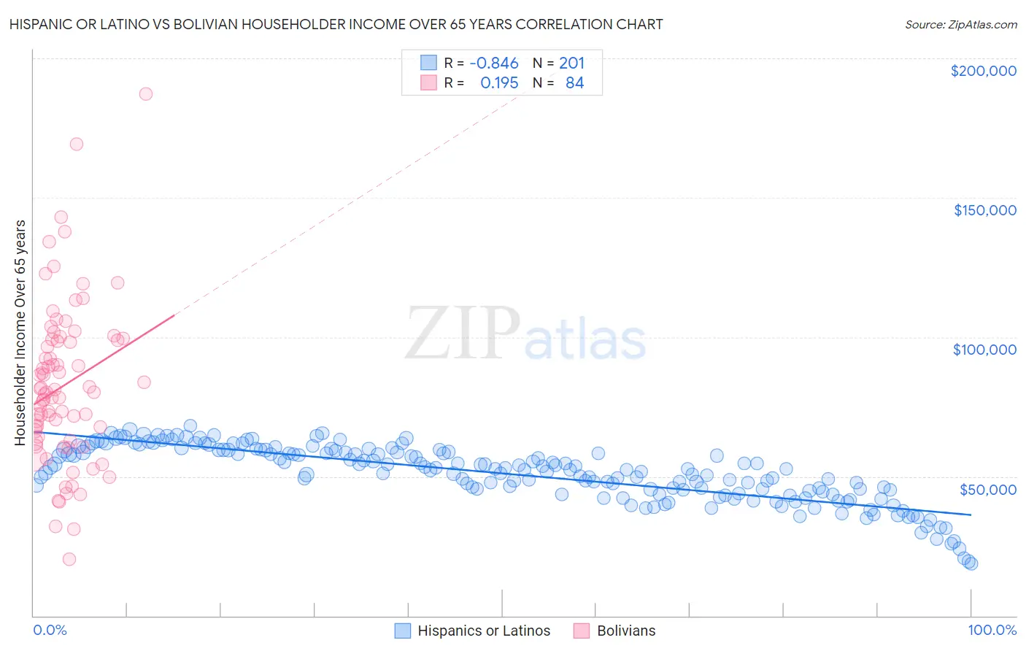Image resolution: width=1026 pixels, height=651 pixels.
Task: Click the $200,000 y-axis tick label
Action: point(983,71)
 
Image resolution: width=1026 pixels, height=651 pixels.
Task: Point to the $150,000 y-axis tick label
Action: point(984,210)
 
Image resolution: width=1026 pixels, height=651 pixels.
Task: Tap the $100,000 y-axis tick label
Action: point(984,350)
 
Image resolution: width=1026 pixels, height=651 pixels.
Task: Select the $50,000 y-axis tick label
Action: point(987,489)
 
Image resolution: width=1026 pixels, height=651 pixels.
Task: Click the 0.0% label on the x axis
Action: point(50,630)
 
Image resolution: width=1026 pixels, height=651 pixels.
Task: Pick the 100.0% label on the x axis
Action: point(992,630)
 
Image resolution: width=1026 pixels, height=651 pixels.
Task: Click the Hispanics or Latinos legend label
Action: point(484,631)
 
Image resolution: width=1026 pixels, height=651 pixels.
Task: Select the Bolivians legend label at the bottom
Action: point(626,631)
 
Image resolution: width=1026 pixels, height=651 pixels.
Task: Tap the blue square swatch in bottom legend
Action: point(403,631)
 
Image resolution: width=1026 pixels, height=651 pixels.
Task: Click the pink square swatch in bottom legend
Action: point(582,631)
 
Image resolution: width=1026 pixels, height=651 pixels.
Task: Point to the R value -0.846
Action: point(494,63)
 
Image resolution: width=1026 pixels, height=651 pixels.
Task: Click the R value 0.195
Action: point(499,83)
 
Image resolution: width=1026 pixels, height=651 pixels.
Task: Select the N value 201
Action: point(571,63)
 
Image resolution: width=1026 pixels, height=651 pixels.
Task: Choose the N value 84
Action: point(574,83)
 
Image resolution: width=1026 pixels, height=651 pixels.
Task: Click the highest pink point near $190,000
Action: point(145,94)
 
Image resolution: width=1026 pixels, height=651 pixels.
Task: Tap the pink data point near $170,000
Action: point(76,145)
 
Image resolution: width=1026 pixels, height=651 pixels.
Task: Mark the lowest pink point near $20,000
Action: point(69,559)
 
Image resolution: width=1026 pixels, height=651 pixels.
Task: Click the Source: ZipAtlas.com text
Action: point(960,25)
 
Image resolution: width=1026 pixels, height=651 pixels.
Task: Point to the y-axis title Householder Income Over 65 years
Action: point(20,332)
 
